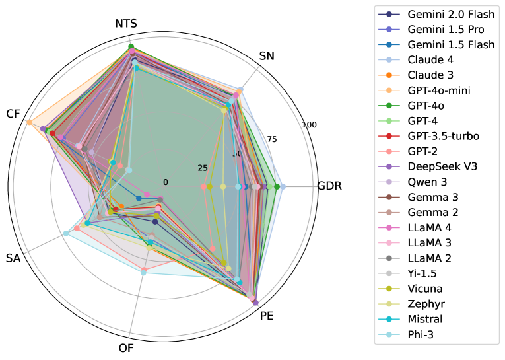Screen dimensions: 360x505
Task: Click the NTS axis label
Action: (x=126, y=24)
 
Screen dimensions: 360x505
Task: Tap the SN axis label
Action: (x=267, y=56)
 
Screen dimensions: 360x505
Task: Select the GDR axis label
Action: (x=329, y=186)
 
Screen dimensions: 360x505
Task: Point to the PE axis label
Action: (x=267, y=316)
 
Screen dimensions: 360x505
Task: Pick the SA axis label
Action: (x=13, y=258)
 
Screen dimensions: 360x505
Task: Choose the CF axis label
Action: (x=13, y=114)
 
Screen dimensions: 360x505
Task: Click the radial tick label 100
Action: (x=309, y=125)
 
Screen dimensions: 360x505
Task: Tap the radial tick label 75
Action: (x=272, y=139)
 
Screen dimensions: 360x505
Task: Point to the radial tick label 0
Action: (x=166, y=182)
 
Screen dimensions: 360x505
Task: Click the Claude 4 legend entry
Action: (x=430, y=60)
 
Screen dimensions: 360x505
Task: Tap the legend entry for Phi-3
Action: (x=421, y=334)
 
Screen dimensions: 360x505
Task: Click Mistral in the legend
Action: (x=424, y=319)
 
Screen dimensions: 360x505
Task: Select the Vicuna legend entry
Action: (x=424, y=289)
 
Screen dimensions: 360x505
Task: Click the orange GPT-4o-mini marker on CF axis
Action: (x=29, y=122)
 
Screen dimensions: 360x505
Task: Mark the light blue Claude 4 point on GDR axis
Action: (x=283, y=186)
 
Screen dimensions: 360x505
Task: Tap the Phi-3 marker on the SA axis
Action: (x=65, y=233)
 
